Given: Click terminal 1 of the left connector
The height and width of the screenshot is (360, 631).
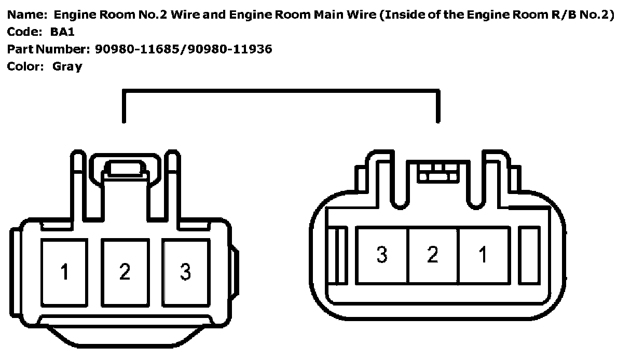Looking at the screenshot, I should pyautogui.click(x=65, y=272).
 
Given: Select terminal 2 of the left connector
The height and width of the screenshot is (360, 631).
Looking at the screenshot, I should pyautogui.click(x=125, y=272).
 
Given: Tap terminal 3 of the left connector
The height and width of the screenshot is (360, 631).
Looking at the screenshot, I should pyautogui.click(x=185, y=272).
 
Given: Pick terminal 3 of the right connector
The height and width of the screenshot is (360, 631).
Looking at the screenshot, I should pyautogui.click(x=382, y=255).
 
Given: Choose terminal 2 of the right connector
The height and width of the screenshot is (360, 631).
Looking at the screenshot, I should pyautogui.click(x=433, y=255).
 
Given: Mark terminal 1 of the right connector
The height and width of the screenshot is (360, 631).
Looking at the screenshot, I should pyautogui.click(x=483, y=255).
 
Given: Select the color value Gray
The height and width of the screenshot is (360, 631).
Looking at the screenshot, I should pyautogui.click(x=67, y=66).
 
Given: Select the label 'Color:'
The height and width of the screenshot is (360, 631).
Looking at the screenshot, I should pyautogui.click(x=25, y=66).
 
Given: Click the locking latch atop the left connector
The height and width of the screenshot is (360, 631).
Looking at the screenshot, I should pyautogui.click(x=125, y=169).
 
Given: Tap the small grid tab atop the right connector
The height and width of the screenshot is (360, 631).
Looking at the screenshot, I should pyautogui.click(x=438, y=172).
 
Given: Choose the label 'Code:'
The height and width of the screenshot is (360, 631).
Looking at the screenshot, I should pyautogui.click(x=23, y=32).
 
